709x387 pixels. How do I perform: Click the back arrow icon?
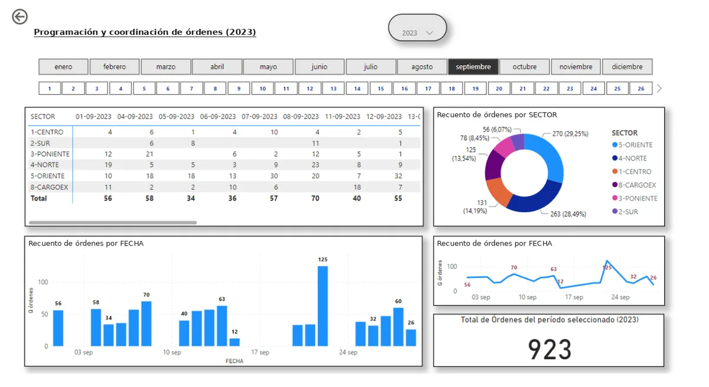click(19, 17)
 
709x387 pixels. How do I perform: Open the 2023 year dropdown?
click(417, 28)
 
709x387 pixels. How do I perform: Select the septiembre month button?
click(473, 67)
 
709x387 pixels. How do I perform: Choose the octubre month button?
click(525, 67)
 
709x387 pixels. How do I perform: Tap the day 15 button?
click(380, 88)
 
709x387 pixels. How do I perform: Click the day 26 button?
click(641, 88)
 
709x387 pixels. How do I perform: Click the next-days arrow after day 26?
click(659, 88)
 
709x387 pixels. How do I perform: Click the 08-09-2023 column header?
click(301, 117)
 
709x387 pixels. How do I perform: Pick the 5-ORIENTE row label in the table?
click(47, 176)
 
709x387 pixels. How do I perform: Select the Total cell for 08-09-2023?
click(315, 198)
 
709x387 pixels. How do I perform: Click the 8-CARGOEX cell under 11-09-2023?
click(357, 188)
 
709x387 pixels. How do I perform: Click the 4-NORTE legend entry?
click(629, 158)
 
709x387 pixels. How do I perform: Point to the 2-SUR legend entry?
click(625, 212)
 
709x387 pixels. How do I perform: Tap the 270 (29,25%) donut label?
click(570, 134)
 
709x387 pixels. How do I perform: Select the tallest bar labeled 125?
click(323, 306)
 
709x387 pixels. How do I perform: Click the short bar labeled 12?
click(234, 342)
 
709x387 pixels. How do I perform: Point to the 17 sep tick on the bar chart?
click(260, 352)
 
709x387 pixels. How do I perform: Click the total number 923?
click(549, 349)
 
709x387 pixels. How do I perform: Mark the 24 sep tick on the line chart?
click(620, 297)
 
